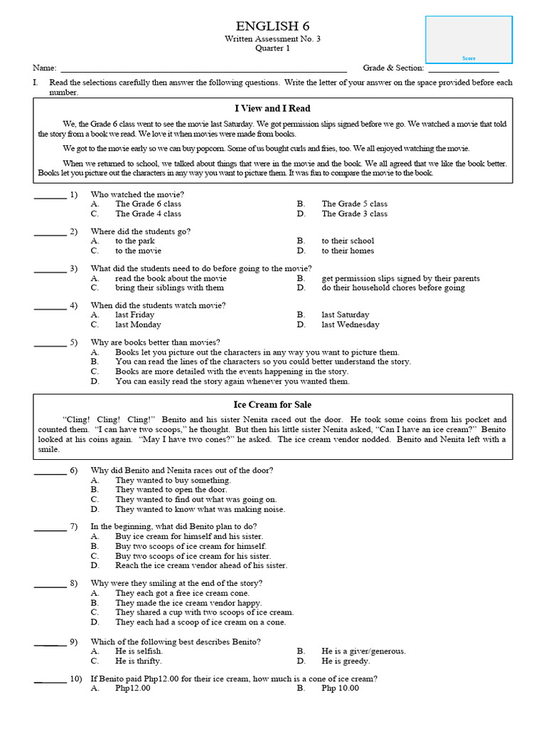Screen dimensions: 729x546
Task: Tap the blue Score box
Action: point(469,39)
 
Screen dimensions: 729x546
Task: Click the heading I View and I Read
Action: point(273,109)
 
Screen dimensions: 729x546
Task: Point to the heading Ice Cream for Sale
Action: point(273,405)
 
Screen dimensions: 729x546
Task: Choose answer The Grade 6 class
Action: point(148,204)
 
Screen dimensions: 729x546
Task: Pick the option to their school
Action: point(348,241)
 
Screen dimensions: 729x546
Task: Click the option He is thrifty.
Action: point(139,661)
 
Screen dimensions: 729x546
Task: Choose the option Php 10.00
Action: point(340,688)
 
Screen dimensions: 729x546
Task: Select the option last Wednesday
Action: point(350,325)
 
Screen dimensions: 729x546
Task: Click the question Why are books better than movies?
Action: point(155,342)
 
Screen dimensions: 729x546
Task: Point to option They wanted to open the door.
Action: point(171,490)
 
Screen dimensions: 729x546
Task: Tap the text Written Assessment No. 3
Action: point(273,38)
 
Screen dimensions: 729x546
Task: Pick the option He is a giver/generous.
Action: point(363,651)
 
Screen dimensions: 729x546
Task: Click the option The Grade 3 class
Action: point(354,214)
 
